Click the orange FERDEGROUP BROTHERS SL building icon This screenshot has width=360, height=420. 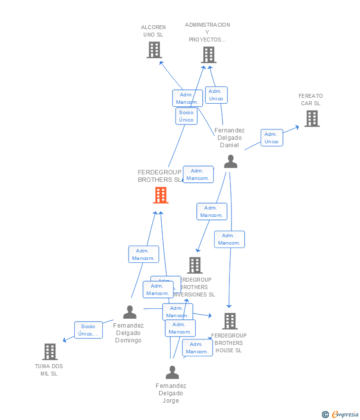click(x=160, y=195)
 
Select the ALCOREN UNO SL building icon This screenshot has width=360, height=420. click(x=154, y=50)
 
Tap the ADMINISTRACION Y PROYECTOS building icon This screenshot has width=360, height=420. click(x=209, y=55)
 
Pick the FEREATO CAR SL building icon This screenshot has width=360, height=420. click(x=312, y=119)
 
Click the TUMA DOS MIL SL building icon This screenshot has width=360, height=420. click(x=50, y=352)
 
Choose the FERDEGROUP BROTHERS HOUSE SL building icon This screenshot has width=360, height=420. click(x=229, y=321)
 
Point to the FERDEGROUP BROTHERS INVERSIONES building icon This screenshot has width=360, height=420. click(x=195, y=265)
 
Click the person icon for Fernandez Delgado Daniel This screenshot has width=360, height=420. click(x=230, y=162)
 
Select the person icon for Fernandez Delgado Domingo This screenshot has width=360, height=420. click(x=130, y=312)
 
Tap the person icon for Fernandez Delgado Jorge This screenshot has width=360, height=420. click(x=172, y=372)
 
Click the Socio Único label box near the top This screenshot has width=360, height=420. click(x=186, y=116)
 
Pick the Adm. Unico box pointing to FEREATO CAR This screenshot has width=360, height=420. click(x=271, y=138)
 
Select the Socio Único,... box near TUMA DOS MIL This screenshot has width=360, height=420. click(x=89, y=330)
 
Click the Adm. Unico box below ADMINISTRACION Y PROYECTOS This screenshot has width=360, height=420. click(x=216, y=95)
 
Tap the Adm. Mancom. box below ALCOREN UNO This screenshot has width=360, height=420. click(x=187, y=98)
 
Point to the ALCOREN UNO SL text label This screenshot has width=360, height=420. click(x=153, y=31)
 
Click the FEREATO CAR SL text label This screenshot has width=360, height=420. click(x=311, y=100)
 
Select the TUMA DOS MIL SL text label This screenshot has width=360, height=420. click(x=49, y=370)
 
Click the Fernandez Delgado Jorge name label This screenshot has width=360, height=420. click(x=171, y=393)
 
